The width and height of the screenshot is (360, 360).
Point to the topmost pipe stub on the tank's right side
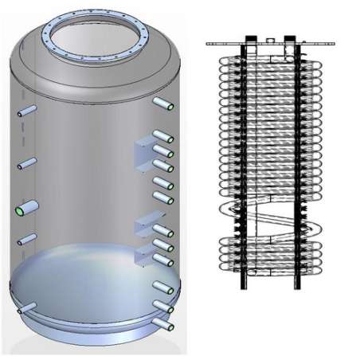pyautogui.click(x=164, y=104)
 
